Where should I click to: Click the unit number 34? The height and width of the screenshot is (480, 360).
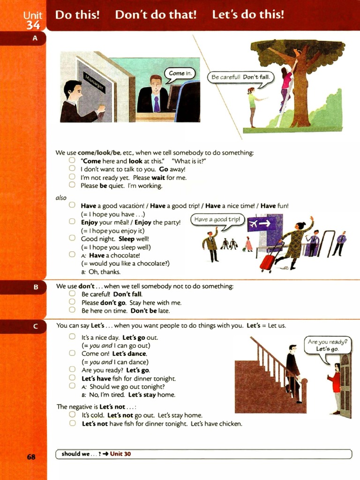33,25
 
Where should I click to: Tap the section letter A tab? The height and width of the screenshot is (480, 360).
35,38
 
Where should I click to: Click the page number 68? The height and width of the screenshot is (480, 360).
31,456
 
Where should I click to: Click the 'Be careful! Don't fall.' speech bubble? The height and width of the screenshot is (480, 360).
240,77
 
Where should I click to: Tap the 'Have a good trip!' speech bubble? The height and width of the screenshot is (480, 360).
217,219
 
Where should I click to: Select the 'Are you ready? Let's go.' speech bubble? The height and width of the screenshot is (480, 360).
328,345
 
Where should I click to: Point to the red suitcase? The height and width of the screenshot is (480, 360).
268,262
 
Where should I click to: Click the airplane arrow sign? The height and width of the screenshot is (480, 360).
259,224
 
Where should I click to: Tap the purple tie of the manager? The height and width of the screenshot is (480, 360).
157,104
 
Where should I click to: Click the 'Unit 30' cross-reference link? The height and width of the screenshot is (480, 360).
120,454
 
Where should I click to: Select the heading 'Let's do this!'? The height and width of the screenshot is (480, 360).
248,15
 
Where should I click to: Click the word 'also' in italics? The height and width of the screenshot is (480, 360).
61,198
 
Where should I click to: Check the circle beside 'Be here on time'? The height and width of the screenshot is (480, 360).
72,310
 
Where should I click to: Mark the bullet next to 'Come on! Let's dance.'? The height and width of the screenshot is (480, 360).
72,353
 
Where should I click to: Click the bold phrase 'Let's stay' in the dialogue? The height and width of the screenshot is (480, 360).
142,395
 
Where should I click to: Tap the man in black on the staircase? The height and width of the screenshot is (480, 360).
293,370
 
